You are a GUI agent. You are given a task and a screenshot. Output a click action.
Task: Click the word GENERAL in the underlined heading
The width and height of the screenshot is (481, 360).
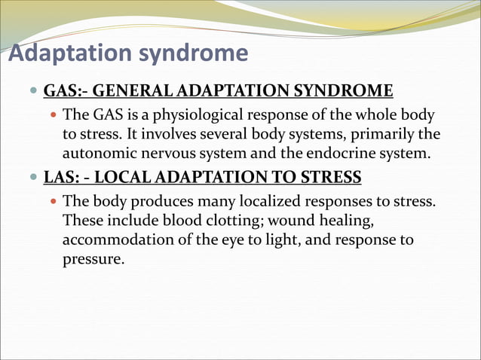click(x=137, y=92)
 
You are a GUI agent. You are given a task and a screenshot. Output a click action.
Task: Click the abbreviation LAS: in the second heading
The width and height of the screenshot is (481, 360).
click(x=63, y=178)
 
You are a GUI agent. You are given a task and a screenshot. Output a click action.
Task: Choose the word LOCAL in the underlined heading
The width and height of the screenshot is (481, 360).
click(x=124, y=178)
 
